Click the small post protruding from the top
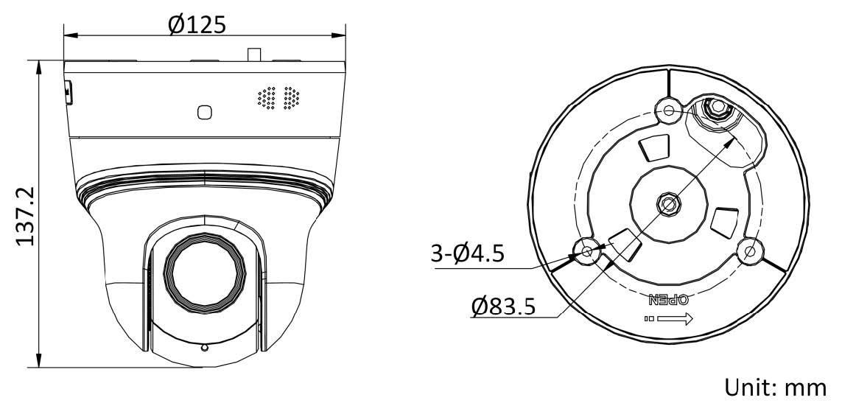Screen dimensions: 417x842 pos(255,55)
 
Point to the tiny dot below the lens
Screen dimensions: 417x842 pos(204,346)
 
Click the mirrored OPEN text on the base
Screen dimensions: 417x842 pos(667,301)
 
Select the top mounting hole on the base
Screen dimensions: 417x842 pos(669,111)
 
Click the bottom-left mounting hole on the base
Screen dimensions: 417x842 pos(587,251)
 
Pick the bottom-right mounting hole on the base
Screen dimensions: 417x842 pos(750,251)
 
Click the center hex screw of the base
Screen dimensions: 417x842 pos(667,203)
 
